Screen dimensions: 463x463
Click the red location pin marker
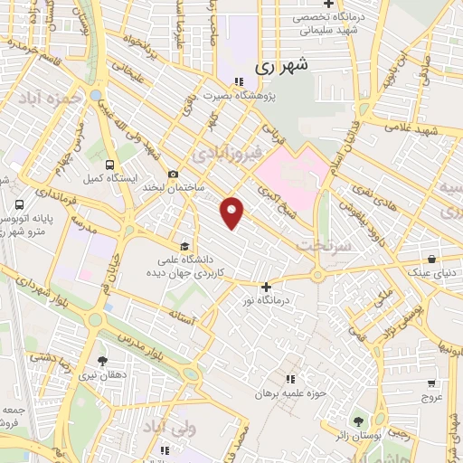[233, 212]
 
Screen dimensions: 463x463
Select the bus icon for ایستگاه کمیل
[109, 165]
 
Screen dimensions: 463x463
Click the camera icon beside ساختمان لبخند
[173, 175]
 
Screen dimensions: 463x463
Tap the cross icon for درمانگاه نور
[265, 287]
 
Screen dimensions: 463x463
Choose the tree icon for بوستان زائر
[358, 421]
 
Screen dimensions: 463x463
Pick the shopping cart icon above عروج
[431, 383]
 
